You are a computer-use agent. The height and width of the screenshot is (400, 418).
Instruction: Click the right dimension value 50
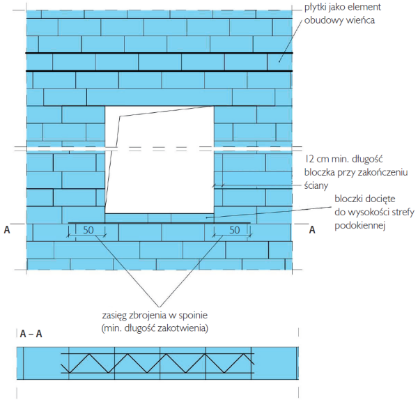coord(235,230)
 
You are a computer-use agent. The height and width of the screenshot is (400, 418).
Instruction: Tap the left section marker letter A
coord(7,229)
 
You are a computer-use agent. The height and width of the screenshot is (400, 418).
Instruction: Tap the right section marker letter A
coord(312,229)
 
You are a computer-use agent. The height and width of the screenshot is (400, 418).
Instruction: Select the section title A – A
coord(31,334)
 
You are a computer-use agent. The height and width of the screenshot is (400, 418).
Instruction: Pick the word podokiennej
coord(332,226)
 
